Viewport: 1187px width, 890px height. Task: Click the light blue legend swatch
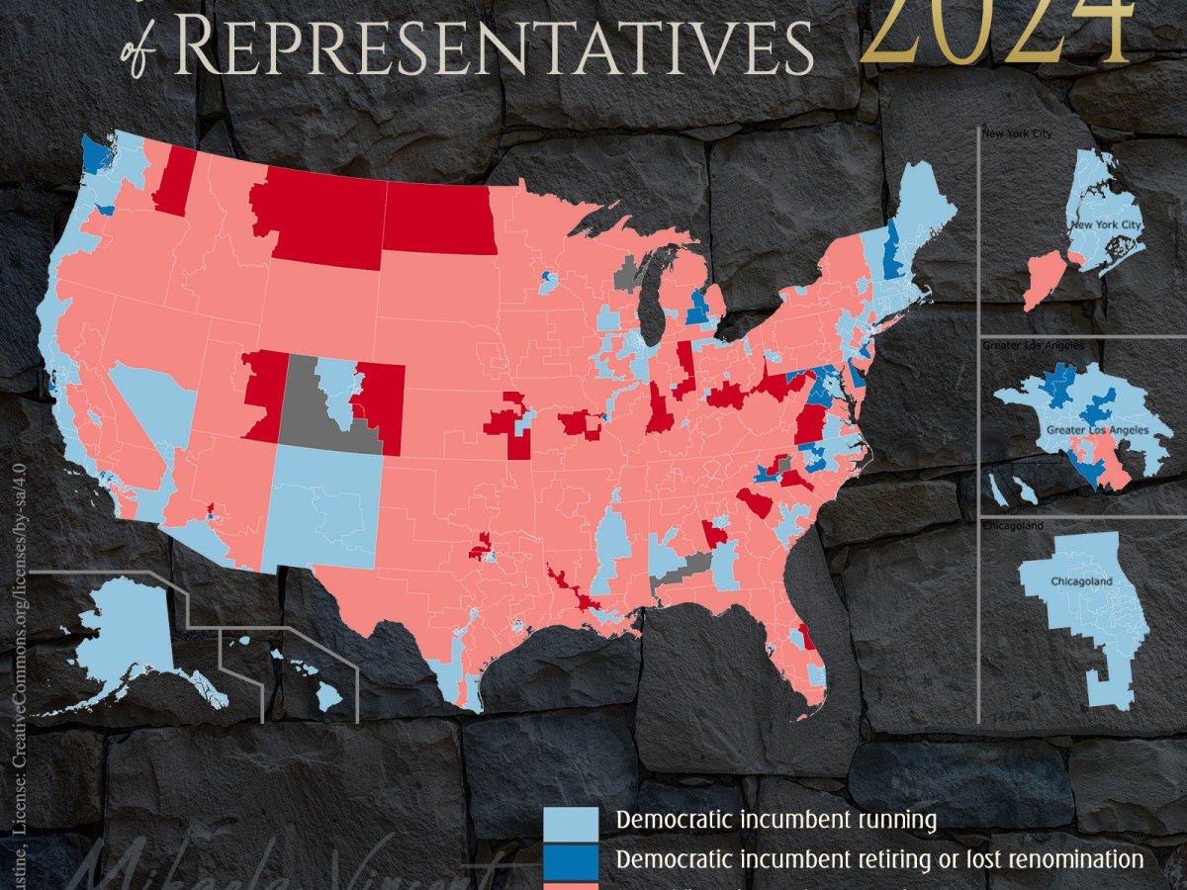(572, 820)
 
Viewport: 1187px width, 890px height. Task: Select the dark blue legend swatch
(572, 859)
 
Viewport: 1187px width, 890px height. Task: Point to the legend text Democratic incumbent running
(776, 820)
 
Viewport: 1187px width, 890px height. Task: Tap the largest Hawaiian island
(329, 699)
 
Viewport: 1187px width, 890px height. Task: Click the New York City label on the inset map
(1106, 226)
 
